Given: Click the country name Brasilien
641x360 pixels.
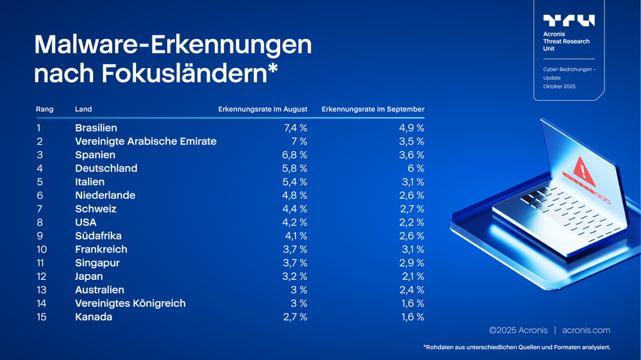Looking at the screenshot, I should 96,128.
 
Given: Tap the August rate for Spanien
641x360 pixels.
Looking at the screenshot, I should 296,155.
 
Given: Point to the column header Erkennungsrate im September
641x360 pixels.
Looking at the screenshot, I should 372,110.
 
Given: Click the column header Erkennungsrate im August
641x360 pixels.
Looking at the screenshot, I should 263,110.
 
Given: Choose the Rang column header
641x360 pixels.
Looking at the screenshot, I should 45,110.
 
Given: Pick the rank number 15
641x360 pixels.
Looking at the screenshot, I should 42,317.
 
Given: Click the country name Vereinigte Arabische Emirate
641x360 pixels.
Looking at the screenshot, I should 146,142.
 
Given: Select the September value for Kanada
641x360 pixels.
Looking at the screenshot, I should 412,317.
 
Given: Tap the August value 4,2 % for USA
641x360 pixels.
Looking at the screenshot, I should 296,222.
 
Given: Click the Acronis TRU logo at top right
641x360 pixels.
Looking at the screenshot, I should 569,20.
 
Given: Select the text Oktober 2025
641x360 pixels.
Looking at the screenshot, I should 559,86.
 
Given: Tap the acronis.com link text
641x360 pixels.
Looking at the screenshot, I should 586,331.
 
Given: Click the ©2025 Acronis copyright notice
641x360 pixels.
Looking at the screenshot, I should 518,331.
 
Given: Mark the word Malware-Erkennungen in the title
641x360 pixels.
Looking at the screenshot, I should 173,45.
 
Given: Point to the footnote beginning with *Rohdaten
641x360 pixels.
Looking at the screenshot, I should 516,347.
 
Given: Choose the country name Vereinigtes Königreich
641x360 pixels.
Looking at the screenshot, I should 130,304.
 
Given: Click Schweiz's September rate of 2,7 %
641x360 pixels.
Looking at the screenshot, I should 412,209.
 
